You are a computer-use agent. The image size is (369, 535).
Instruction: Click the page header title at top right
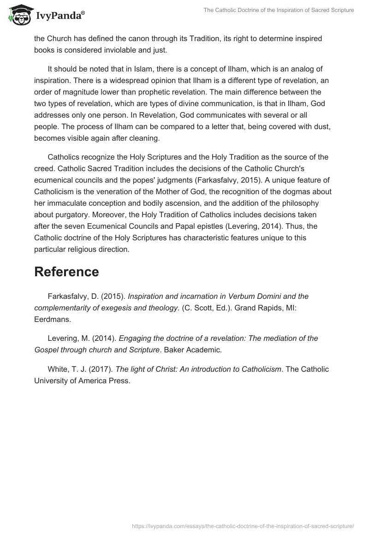(x=279, y=10)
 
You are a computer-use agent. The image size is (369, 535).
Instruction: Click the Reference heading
(x=66, y=272)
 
